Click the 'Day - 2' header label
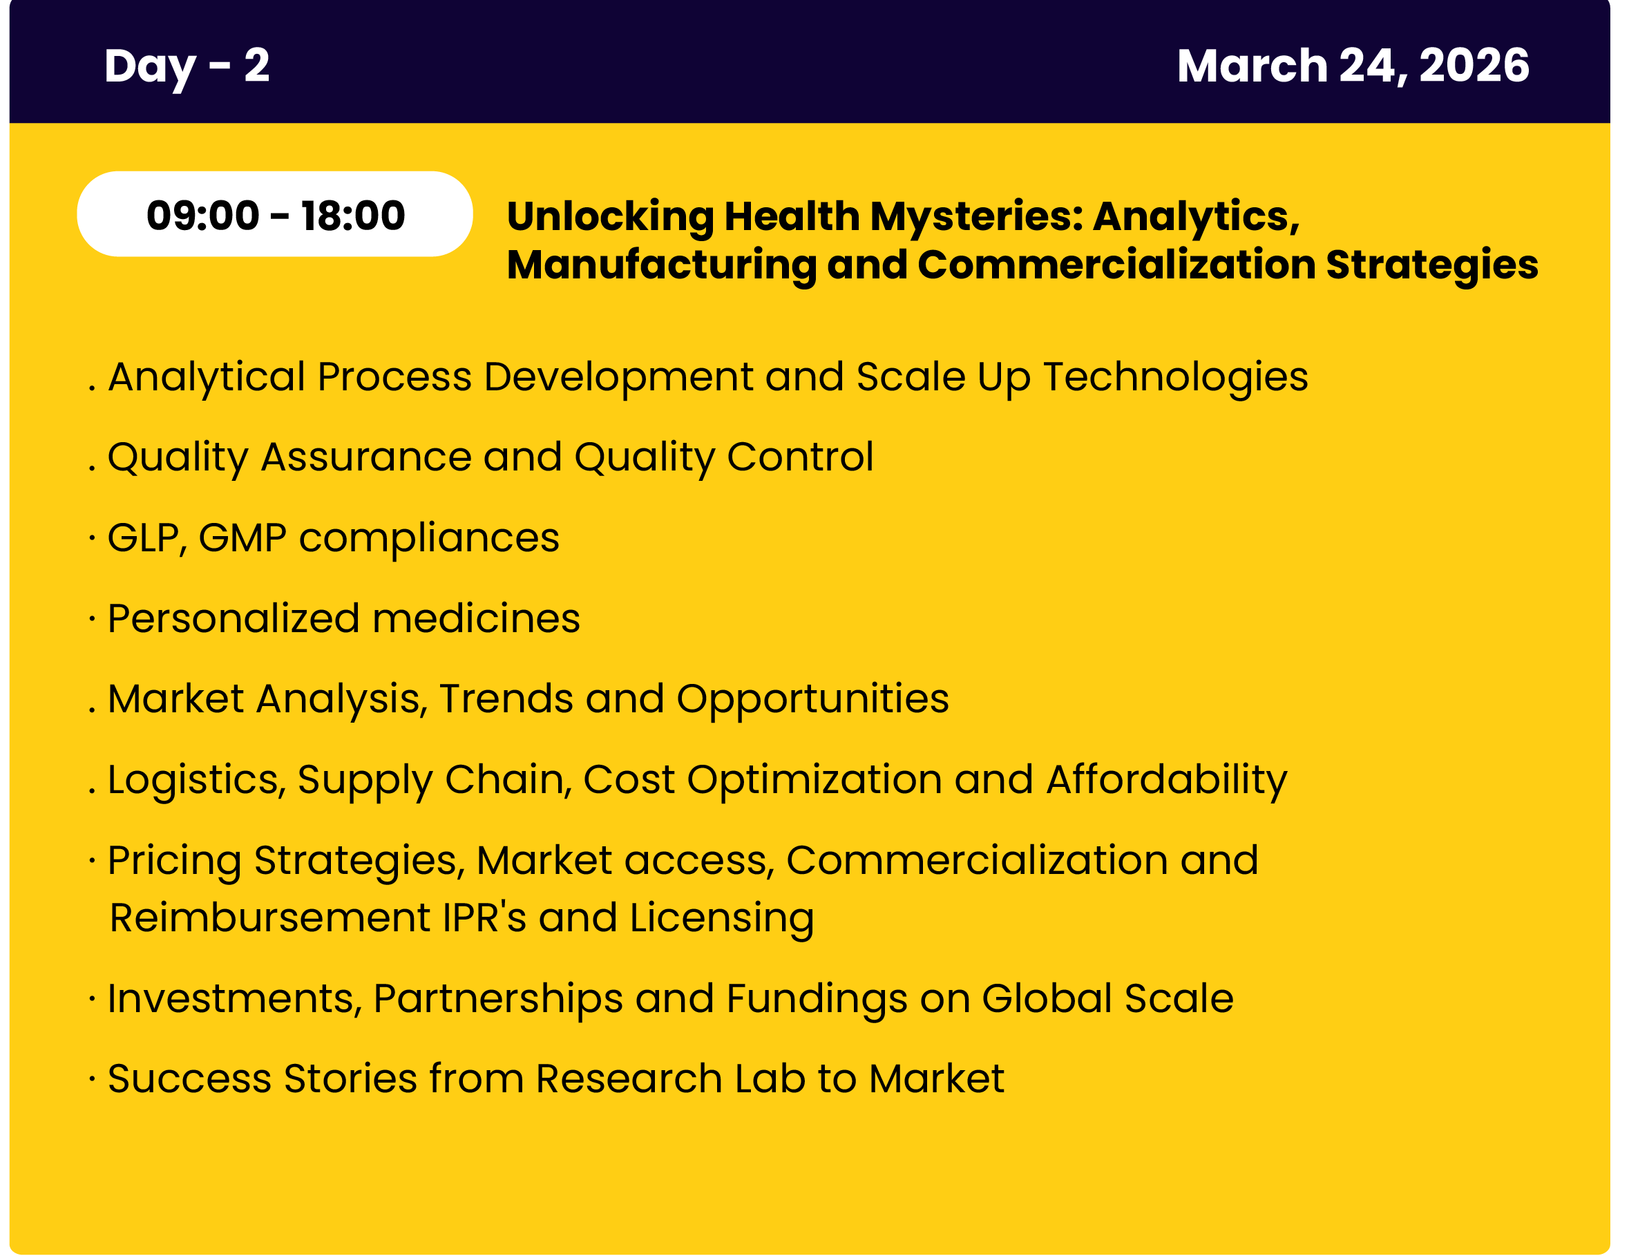187,66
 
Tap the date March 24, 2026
1353,66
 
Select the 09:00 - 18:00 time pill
274,214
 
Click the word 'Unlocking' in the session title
609,217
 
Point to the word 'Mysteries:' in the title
976,217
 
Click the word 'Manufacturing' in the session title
662,265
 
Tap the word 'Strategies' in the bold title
1431,265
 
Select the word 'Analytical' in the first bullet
207,377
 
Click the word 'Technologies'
1176,377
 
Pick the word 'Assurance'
365,457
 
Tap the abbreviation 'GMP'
242,537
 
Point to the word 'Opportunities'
812,700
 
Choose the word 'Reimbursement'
270,918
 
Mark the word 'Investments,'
235,999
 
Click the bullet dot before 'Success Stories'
92,1078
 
